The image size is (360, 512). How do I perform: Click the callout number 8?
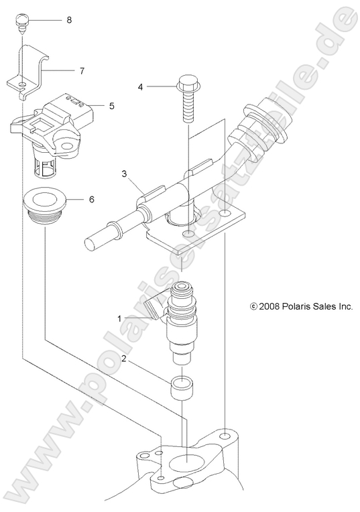68,20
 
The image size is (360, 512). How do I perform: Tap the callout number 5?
112,105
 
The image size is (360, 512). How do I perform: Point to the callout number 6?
91,199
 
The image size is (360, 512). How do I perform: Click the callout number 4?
141,86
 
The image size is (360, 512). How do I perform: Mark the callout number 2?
123,359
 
